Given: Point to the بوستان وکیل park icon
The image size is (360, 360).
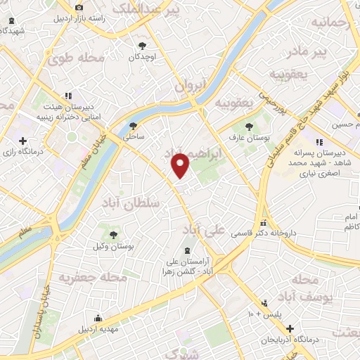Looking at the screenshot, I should pyautogui.click(x=113, y=234).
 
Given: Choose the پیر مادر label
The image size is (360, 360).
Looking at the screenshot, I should pyautogui.click(x=311, y=51).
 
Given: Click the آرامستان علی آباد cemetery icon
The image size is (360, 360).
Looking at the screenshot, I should pyautogui.click(x=187, y=251).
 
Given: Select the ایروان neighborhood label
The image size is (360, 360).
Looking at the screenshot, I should pyautogui.click(x=188, y=86).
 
